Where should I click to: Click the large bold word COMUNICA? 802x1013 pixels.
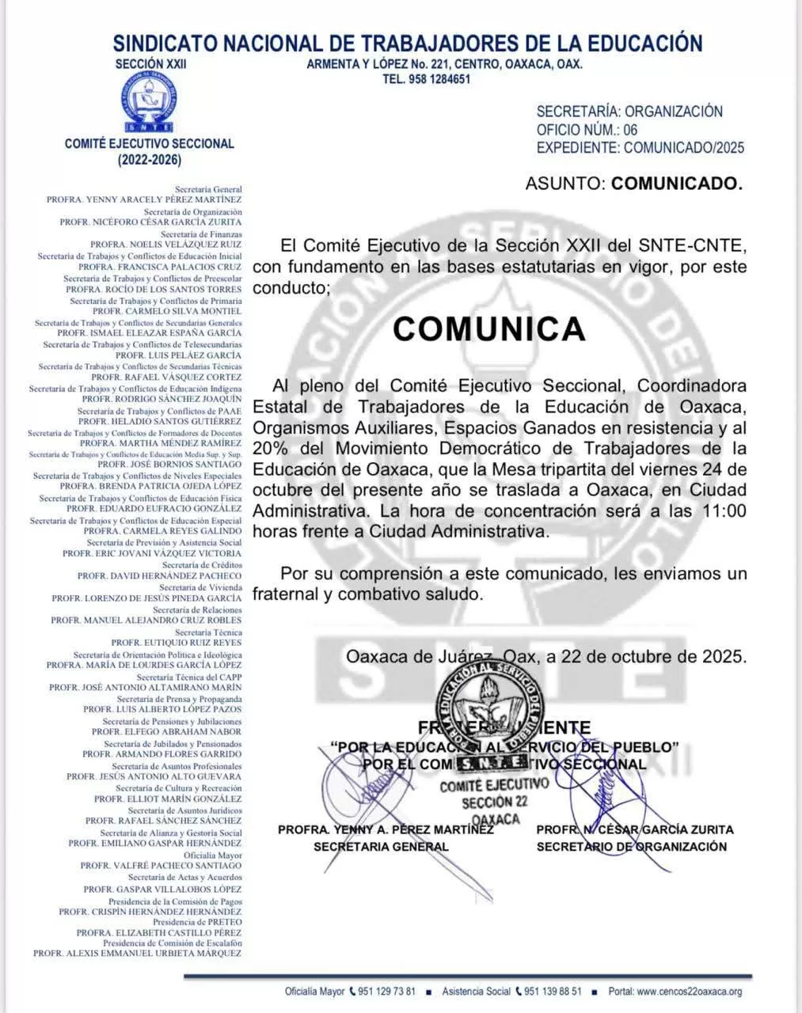point(489,328)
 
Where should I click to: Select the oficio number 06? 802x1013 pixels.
point(630,130)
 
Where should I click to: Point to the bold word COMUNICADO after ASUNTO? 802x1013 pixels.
point(677,184)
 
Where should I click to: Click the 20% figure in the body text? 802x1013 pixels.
point(270,449)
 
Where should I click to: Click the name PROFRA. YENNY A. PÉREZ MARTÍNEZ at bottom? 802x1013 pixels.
point(386,829)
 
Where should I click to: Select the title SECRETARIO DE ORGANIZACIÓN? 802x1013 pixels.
point(631,847)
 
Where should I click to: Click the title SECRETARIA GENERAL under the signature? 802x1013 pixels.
point(381,847)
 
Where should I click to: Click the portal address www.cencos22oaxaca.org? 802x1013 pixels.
point(689,992)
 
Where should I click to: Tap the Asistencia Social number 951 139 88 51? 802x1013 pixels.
point(553,992)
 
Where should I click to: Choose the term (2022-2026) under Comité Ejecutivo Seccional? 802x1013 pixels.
point(150,160)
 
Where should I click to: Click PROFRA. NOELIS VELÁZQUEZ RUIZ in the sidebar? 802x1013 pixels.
point(165,245)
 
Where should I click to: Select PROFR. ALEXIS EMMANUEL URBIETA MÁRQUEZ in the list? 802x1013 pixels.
point(137,953)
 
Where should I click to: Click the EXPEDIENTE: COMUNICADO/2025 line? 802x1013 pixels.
point(640,148)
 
